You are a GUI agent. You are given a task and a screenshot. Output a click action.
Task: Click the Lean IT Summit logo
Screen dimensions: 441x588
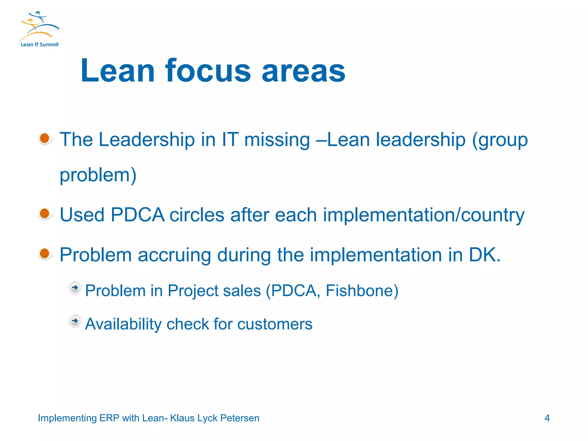[39, 29]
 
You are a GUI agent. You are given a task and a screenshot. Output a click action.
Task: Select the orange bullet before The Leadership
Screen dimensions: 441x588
[45, 138]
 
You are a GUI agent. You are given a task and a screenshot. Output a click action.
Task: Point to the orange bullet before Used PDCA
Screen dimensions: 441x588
[45, 214]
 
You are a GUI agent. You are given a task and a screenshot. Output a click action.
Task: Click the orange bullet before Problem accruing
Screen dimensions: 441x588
[45, 254]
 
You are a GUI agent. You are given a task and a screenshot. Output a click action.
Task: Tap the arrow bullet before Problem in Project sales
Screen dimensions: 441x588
[75, 288]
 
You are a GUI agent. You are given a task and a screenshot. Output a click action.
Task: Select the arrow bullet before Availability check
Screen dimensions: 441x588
[75, 321]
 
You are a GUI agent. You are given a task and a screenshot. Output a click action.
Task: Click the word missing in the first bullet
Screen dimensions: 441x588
[277, 140]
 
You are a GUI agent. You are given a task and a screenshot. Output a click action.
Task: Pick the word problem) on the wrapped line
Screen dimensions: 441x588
[98, 175]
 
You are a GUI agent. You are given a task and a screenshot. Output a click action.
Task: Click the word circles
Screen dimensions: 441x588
[197, 215]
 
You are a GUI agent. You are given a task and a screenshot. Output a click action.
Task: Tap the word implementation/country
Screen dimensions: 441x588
[423, 215]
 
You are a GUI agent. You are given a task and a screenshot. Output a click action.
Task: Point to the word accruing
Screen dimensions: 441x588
[174, 255]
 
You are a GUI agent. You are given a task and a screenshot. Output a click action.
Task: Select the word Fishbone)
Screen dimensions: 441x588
[362, 291]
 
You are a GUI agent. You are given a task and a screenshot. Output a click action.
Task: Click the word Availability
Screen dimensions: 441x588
[123, 324]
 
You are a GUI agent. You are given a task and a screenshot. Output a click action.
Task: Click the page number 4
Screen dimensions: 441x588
[547, 418]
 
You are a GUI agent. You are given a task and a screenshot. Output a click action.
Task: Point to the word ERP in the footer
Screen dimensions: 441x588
[109, 418]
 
